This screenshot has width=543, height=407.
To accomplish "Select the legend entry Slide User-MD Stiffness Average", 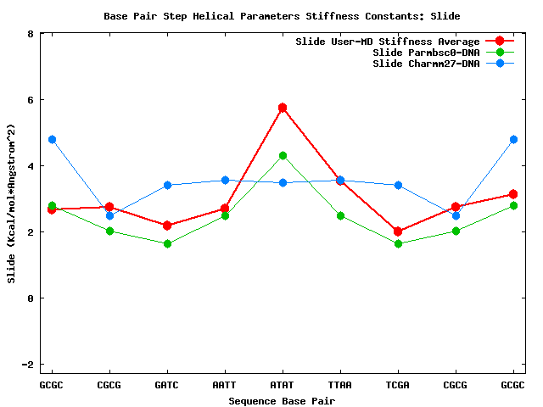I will click(x=387, y=42).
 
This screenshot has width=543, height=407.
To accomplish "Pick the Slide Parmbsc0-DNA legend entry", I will click(x=426, y=53).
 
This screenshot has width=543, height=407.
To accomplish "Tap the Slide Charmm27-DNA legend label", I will click(x=426, y=64).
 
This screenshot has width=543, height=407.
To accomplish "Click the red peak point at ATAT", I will click(x=283, y=108).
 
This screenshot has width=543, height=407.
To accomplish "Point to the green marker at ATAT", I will click(x=283, y=156).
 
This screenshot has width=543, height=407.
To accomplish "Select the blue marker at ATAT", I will click(x=283, y=182).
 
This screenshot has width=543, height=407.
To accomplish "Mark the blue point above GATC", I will click(x=167, y=185).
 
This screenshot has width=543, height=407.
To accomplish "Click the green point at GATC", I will click(x=167, y=243).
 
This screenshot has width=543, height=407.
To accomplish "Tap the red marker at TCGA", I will click(x=398, y=231).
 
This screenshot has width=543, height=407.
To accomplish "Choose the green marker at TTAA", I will click(x=340, y=215).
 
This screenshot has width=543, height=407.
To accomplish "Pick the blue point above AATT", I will click(x=225, y=180).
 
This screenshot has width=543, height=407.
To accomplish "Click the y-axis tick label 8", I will click(x=31, y=34).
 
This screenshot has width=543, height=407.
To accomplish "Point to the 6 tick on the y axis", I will click(x=31, y=100).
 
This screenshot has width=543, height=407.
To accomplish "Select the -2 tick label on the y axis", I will click(x=28, y=364).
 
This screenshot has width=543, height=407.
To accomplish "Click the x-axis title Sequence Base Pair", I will click(x=282, y=399).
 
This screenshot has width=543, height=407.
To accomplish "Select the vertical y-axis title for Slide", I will click(x=11, y=203).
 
